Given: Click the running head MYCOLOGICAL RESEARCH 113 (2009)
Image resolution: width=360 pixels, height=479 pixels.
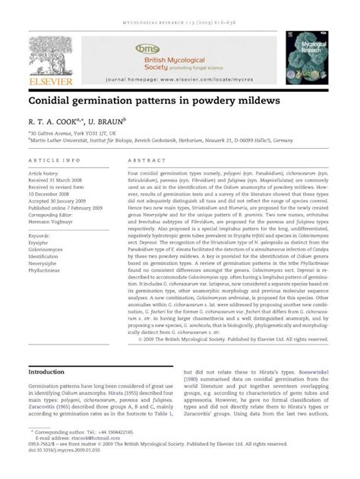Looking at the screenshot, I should point(179,11).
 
